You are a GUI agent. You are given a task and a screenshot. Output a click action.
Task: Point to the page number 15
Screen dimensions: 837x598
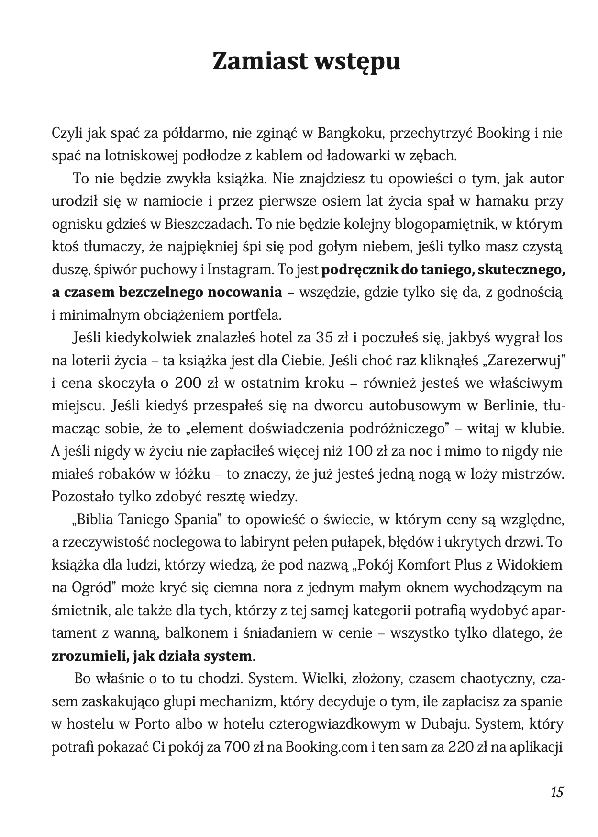(x=556, y=792)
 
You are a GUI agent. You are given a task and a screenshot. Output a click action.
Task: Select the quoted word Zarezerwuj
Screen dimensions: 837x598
(x=524, y=361)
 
